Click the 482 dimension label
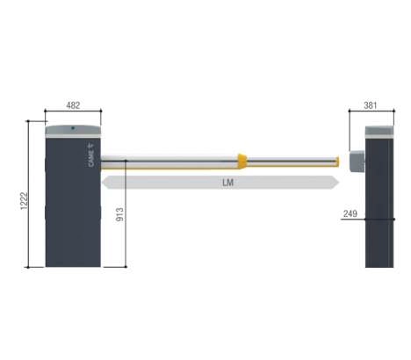click(73, 105)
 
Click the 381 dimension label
click(371, 105)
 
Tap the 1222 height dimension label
click(24, 201)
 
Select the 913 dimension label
click(120, 214)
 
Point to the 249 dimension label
click(350, 213)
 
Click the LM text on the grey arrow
click(227, 183)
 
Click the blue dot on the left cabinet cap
click(73, 128)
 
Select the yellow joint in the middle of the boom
click(242, 162)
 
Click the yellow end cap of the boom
click(337, 162)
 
